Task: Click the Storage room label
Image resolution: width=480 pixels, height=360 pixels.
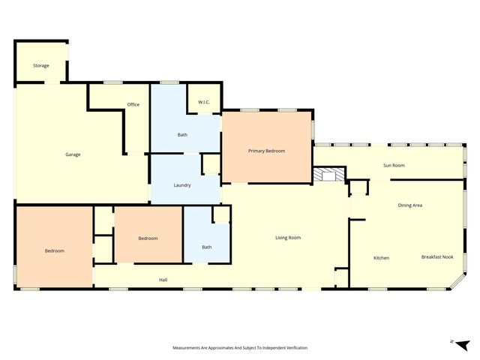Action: [x=41, y=66]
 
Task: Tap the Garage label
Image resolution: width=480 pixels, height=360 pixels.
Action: [x=73, y=154]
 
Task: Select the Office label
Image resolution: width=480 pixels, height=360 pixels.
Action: [x=133, y=105]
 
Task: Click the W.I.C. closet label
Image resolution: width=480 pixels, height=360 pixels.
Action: [x=203, y=101]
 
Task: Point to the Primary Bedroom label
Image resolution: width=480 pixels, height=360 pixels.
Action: [x=267, y=151]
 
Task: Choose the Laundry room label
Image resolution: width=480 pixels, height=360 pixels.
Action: [x=182, y=185]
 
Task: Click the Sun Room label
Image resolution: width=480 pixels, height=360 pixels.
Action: [x=394, y=165]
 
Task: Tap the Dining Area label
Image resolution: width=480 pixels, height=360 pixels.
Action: [x=409, y=205]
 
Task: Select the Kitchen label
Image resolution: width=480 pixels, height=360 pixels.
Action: [x=381, y=258]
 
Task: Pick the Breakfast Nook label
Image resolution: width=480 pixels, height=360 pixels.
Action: [x=437, y=257]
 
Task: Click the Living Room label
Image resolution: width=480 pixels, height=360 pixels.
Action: [x=288, y=238]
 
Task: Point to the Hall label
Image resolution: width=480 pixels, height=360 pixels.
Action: [x=163, y=280]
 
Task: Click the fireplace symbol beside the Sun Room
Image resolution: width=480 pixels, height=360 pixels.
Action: [x=328, y=175]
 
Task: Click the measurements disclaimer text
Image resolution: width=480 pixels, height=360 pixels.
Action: [x=240, y=348]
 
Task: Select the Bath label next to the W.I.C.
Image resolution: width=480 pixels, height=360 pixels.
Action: [x=182, y=135]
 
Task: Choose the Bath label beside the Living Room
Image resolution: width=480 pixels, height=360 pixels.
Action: [x=207, y=247]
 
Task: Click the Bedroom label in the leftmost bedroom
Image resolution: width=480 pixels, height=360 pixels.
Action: [x=55, y=250]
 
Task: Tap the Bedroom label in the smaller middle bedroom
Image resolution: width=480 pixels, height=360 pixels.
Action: [x=148, y=238]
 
